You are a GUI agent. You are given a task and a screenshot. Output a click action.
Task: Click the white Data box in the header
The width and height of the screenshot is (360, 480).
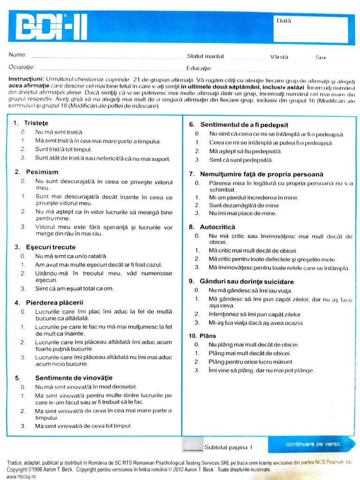point(310,30)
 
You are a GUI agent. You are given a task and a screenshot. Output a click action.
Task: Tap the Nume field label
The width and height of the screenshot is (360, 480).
point(18,55)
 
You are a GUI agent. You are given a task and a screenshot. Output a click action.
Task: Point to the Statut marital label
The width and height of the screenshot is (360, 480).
point(206,56)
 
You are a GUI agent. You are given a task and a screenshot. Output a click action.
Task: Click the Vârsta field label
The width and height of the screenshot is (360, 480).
point(279,57)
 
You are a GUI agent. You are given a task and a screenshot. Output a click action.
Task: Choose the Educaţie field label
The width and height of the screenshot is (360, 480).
point(199,68)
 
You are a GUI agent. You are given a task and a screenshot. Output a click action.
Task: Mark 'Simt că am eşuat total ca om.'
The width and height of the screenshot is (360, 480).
point(75,288)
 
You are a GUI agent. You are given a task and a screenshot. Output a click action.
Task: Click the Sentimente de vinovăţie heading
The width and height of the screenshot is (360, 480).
point(74,378)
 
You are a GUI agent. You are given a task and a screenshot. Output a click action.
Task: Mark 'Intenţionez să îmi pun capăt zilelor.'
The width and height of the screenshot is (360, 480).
point(255,314)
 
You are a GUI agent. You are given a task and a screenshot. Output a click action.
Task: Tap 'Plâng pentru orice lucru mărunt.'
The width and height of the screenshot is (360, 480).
point(251,362)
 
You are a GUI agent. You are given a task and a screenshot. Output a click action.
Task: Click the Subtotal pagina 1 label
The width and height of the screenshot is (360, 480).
point(228,447)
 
